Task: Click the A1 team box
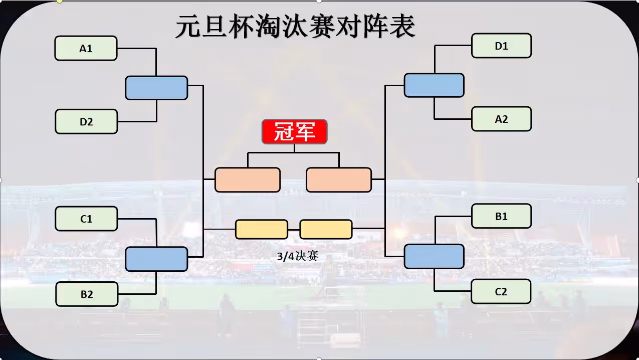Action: click(x=86, y=49)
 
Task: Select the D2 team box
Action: click(x=86, y=122)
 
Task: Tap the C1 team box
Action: click(x=86, y=219)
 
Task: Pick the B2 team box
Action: click(x=87, y=294)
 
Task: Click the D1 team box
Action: click(x=501, y=46)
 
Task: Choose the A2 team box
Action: click(x=501, y=119)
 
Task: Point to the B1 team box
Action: click(x=501, y=216)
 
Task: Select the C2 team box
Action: click(x=501, y=292)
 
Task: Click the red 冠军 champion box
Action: click(x=294, y=132)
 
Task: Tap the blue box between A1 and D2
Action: click(x=156, y=88)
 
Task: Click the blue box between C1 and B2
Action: click(x=156, y=259)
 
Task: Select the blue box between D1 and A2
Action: click(x=434, y=85)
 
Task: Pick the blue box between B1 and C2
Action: click(x=434, y=256)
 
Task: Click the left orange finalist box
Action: click(x=248, y=180)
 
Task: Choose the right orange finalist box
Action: click(x=339, y=180)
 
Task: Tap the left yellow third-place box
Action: click(x=262, y=229)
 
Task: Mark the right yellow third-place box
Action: click(x=326, y=229)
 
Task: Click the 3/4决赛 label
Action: click(x=298, y=256)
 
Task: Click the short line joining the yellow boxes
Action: click(x=294, y=229)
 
